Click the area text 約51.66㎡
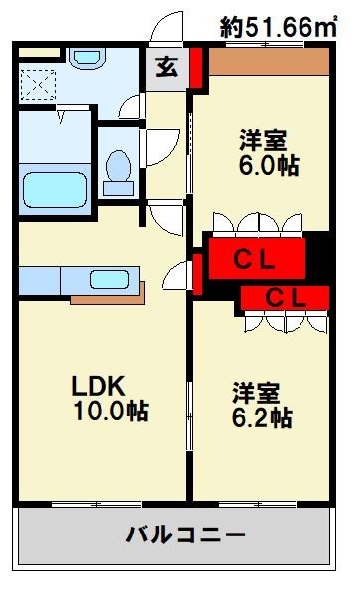tap(280, 27)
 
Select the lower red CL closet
tap(284, 296)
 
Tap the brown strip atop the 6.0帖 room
tap(269, 61)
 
